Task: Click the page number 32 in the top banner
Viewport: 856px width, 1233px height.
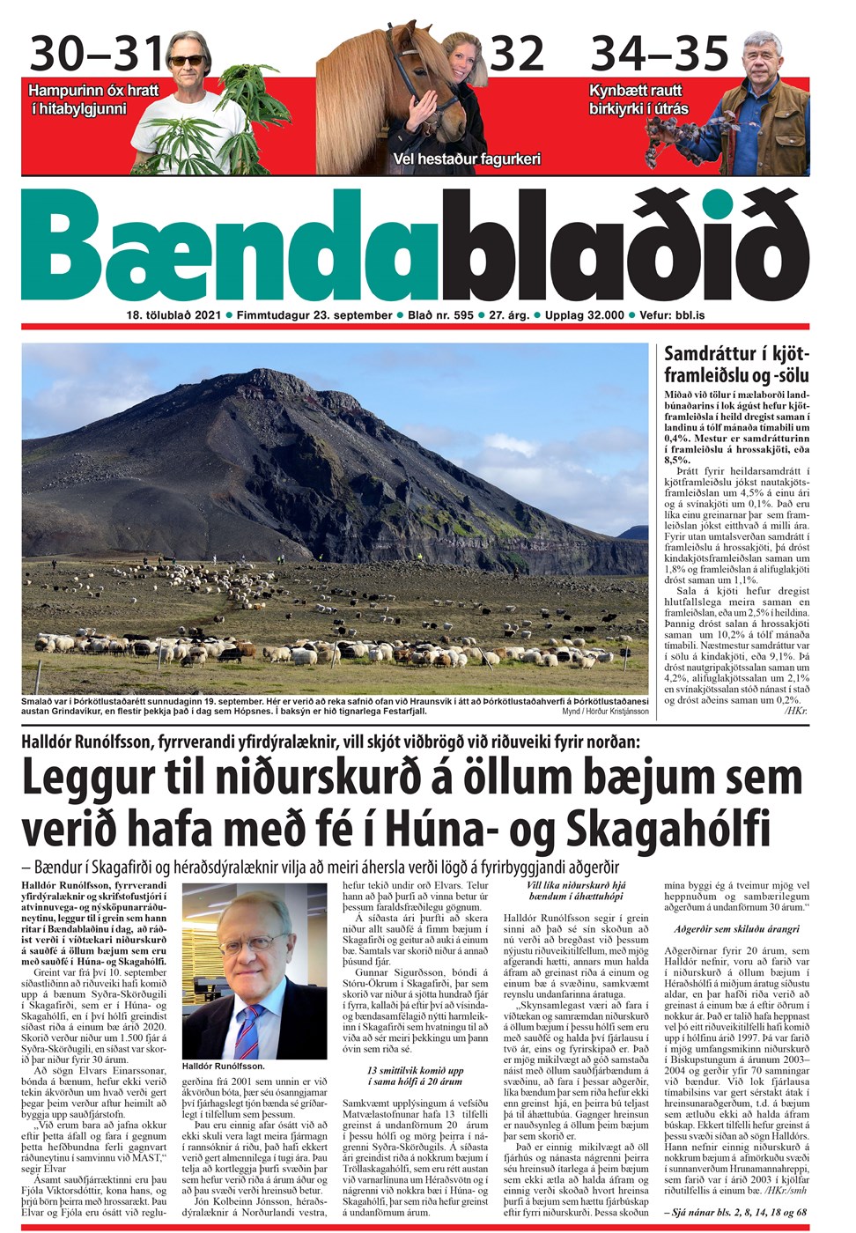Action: (518, 54)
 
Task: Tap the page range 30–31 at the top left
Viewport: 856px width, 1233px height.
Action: (96, 54)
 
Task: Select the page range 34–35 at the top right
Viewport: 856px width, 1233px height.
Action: (660, 54)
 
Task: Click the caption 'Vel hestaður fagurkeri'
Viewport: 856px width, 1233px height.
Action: (467, 159)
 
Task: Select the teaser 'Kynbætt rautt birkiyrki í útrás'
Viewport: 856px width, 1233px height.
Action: (639, 100)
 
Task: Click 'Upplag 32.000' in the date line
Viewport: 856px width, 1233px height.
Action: (584, 315)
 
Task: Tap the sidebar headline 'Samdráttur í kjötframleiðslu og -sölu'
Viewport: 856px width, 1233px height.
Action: (735, 364)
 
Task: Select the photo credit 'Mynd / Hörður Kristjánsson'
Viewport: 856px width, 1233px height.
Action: (605, 711)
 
